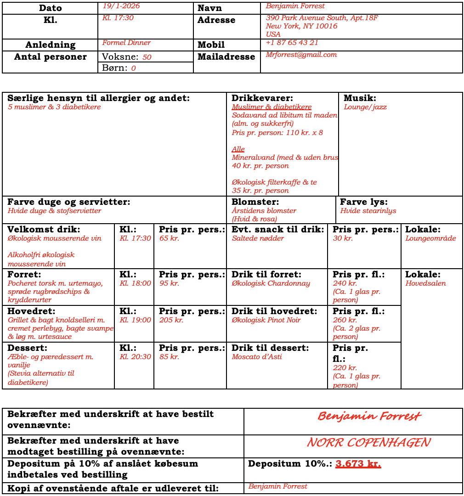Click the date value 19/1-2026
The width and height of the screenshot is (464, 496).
[x=121, y=6]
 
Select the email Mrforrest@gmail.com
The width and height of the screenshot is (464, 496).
[x=301, y=55]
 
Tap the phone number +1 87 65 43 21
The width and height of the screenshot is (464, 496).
[x=292, y=43]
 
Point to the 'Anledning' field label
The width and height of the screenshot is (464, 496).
[x=50, y=45]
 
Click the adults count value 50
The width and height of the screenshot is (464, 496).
[x=147, y=57]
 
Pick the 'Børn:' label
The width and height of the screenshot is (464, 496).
[x=114, y=68]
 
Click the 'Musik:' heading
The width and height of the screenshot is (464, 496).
[x=360, y=98]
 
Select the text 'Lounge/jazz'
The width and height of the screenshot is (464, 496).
[x=365, y=107]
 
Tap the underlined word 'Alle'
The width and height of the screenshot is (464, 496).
[x=238, y=149]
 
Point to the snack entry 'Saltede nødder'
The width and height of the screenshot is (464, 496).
[x=258, y=238]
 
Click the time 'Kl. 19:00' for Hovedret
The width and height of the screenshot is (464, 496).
[x=135, y=320]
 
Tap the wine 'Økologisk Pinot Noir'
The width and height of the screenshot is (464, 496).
[x=266, y=320]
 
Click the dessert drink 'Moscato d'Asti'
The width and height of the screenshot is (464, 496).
[x=256, y=357]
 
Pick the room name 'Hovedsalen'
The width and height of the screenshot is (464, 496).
[x=425, y=283]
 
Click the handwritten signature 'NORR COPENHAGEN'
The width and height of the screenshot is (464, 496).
[x=368, y=443]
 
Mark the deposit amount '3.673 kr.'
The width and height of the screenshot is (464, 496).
[x=358, y=464]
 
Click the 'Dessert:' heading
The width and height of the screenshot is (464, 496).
[x=27, y=348]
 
